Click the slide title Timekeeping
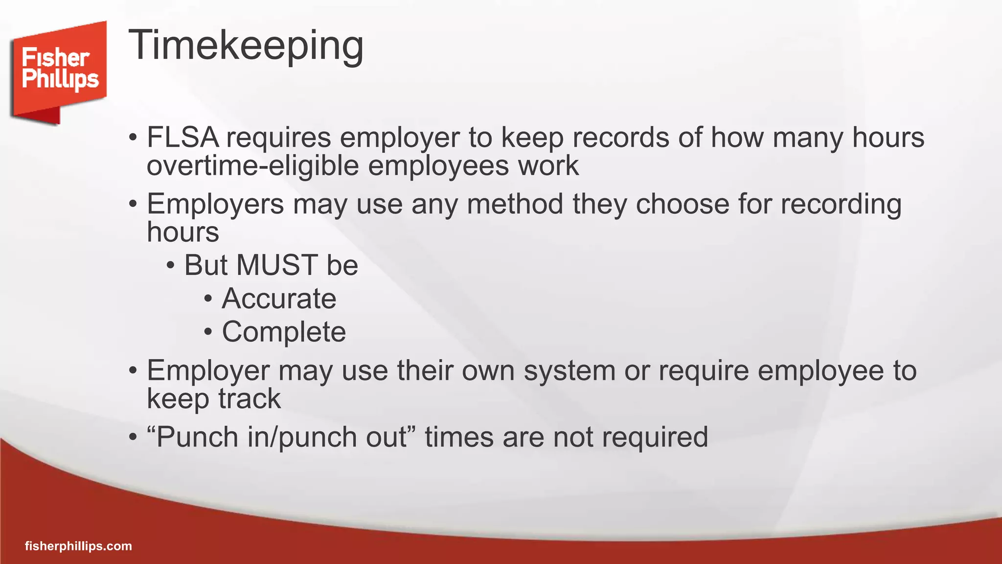[246, 46]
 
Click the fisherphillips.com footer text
[78, 546]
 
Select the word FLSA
[182, 138]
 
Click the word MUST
[277, 265]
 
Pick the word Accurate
[279, 299]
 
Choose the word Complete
[284, 332]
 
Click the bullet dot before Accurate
[208, 299]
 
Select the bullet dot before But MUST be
[170, 266]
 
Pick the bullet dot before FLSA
[133, 138]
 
